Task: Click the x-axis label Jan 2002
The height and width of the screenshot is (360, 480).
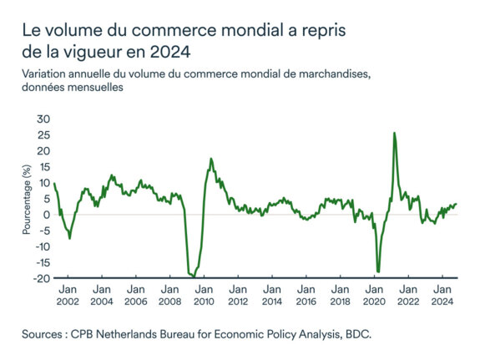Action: click(x=68, y=295)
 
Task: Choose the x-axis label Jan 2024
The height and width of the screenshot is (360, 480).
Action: click(x=442, y=295)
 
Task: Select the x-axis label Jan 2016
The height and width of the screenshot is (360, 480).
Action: click(x=306, y=295)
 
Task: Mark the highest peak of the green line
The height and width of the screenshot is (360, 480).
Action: click(x=394, y=133)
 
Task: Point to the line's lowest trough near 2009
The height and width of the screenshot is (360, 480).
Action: click(x=194, y=276)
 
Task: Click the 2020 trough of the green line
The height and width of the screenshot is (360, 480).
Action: click(x=378, y=271)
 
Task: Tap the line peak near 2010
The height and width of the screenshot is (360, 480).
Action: click(x=211, y=159)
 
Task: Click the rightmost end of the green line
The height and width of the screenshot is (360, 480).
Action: click(x=457, y=204)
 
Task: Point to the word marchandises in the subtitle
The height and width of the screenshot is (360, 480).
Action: click(x=333, y=74)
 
